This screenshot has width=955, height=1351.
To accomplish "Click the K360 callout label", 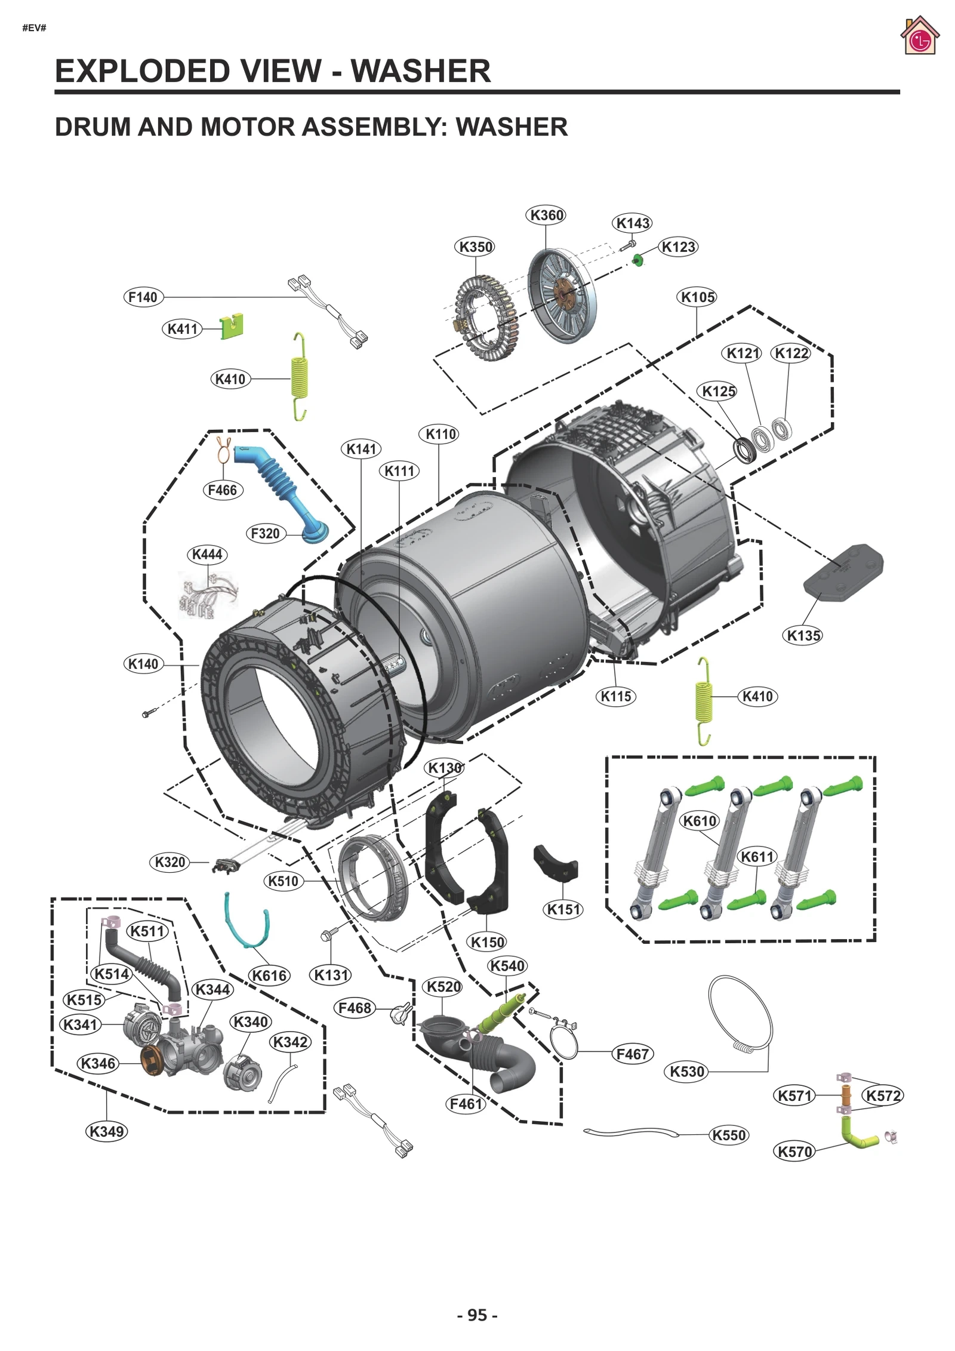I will [x=546, y=215].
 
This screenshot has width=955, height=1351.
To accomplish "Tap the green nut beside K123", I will [x=637, y=260].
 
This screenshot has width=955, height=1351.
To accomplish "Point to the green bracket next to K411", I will [x=232, y=326].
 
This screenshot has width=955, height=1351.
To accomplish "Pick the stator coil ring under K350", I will [x=487, y=318].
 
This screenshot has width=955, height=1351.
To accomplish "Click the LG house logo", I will [x=919, y=37].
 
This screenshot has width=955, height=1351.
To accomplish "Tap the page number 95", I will [x=477, y=1315].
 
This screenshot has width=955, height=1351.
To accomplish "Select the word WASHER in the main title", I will [x=420, y=71].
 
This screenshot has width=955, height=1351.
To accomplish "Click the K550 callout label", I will [x=729, y=1135].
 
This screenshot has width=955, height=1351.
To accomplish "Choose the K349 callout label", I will [x=106, y=1131].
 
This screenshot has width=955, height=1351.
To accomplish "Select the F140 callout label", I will [x=143, y=297].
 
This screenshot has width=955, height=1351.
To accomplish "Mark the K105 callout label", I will [x=697, y=297].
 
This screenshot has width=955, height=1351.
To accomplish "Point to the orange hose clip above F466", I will [x=224, y=451].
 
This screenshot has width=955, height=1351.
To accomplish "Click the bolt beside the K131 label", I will [x=328, y=934].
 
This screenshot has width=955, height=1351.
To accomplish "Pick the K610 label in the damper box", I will [x=699, y=821].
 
